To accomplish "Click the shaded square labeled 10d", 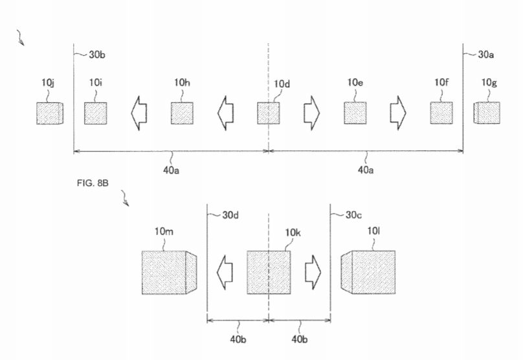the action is (x=268, y=113).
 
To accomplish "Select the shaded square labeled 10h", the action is (x=182, y=113).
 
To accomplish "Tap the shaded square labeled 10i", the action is (x=95, y=113).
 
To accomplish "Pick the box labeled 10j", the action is (x=50, y=113).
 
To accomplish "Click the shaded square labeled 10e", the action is (x=355, y=113).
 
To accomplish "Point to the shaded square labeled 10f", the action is (x=441, y=113).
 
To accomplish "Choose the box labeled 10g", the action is (x=487, y=113).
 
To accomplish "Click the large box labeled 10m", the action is (x=169, y=273).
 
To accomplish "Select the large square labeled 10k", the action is (x=269, y=273).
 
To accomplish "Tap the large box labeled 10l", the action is (x=368, y=273).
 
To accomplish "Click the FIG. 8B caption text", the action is (x=93, y=183).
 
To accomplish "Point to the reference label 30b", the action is (x=97, y=55).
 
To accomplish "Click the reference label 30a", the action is (x=485, y=55).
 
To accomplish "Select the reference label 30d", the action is (x=230, y=215).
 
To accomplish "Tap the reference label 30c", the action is (x=353, y=215).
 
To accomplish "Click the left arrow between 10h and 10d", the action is (x=225, y=113).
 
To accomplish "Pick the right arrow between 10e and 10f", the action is (x=398, y=113).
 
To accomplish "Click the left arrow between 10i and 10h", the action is (x=139, y=113).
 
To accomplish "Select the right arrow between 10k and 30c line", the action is (x=313, y=272).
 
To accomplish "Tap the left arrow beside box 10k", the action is (x=225, y=272).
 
